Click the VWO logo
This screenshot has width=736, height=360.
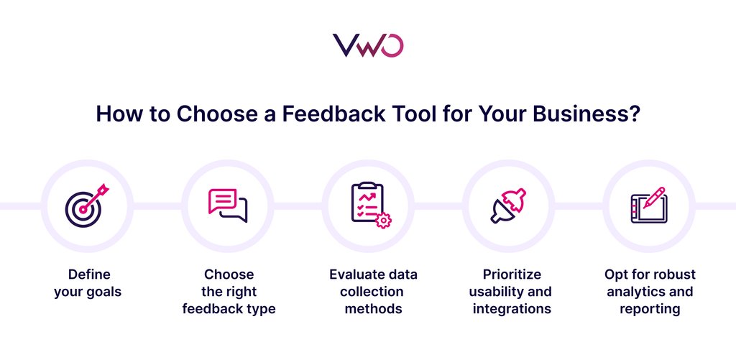click(x=367, y=45)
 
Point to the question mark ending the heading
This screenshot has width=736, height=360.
click(x=634, y=115)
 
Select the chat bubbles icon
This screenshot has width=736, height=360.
click(x=227, y=206)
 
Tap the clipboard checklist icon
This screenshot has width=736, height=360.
click(x=368, y=206)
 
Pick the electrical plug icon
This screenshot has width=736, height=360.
click(x=508, y=206)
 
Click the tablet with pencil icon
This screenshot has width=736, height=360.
click(x=648, y=206)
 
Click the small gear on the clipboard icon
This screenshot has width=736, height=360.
click(x=383, y=221)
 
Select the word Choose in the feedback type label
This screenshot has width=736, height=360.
click(x=229, y=274)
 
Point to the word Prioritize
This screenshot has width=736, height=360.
click(x=512, y=274)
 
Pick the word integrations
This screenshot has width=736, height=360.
click(x=512, y=310)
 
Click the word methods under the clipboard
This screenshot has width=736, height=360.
click(x=373, y=310)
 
